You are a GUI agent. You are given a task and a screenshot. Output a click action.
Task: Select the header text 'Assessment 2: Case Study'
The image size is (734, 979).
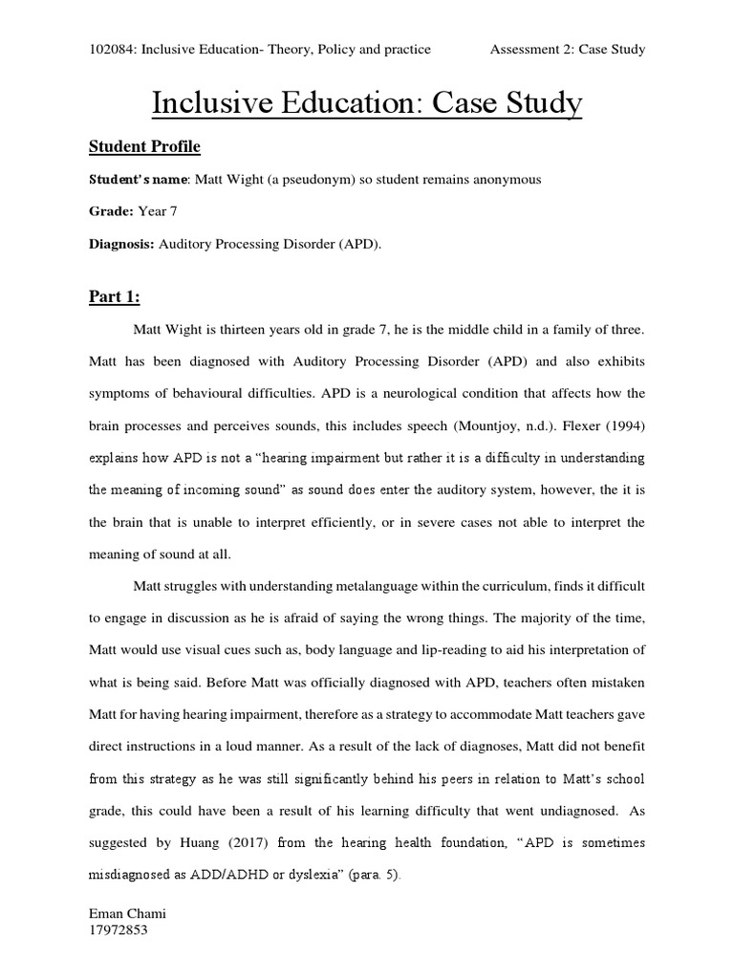click(568, 49)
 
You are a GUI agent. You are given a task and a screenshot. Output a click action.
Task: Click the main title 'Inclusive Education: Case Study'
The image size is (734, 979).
click(367, 102)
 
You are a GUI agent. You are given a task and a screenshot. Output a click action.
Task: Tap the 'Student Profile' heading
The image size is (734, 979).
click(144, 147)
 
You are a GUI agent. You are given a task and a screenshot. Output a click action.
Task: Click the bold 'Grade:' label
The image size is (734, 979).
click(111, 212)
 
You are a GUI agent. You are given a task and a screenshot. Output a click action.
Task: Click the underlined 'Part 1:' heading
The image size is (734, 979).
click(114, 297)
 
